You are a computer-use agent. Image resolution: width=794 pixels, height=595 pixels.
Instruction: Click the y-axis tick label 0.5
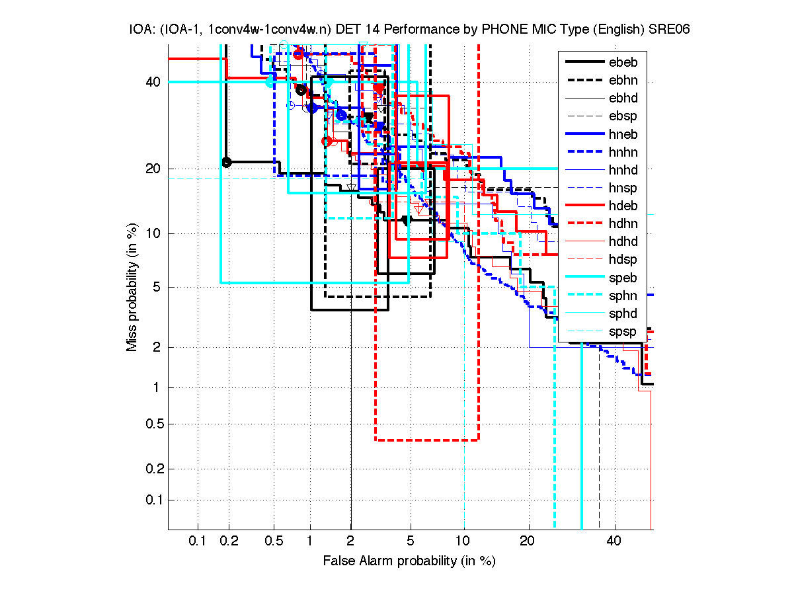pos(152,424)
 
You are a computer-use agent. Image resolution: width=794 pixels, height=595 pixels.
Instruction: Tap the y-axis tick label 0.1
pos(152,500)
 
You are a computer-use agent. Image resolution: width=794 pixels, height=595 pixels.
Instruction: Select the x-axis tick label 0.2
pos(229,541)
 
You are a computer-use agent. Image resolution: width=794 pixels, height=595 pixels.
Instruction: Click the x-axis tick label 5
pos(410,541)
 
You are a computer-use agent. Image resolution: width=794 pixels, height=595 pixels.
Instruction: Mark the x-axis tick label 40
pos(615,541)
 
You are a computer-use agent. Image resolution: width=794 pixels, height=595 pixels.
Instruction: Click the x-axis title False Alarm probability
pos(409,561)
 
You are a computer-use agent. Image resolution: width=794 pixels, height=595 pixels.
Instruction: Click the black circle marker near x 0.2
pos(226,162)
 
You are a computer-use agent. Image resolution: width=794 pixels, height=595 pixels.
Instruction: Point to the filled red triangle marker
pos(379,88)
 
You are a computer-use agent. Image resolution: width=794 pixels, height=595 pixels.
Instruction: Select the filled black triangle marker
pos(369,117)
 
